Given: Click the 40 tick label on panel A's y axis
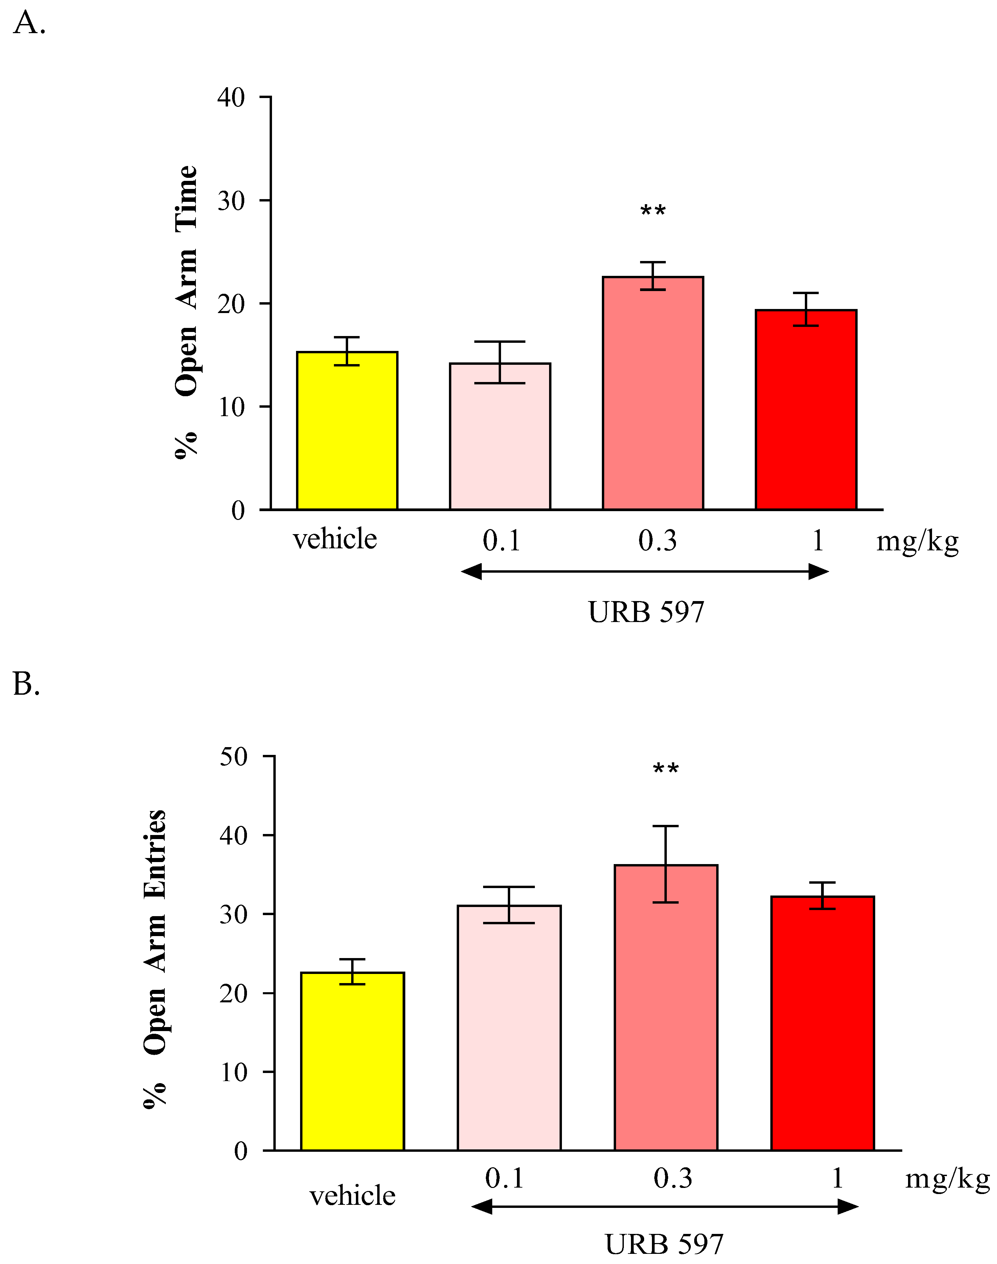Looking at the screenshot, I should pos(231,97).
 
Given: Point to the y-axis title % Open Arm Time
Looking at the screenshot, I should pos(187,312).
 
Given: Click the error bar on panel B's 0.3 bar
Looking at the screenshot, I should pos(665,863).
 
